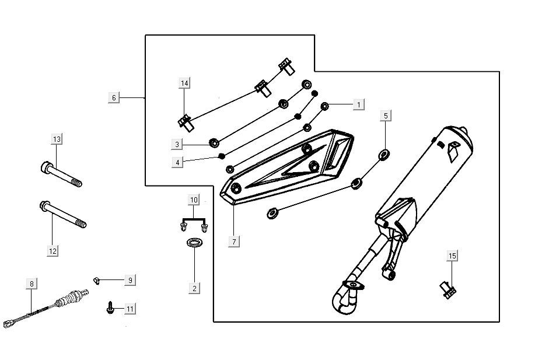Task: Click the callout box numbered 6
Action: [x=114, y=97]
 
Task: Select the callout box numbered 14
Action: [x=184, y=83]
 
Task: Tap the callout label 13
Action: [x=56, y=139]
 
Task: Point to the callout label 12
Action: [x=53, y=251]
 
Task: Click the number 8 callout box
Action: [x=32, y=284]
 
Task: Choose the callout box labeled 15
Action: [x=453, y=255]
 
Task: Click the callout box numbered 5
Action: [x=385, y=116]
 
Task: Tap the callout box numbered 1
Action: [x=359, y=104]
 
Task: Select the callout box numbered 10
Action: [x=194, y=200]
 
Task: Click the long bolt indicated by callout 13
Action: [x=61, y=174]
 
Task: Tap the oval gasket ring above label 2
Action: [x=195, y=242]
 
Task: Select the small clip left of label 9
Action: [x=97, y=281]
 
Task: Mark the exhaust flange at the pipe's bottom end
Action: [x=351, y=285]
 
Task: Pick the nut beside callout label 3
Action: [x=214, y=142]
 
